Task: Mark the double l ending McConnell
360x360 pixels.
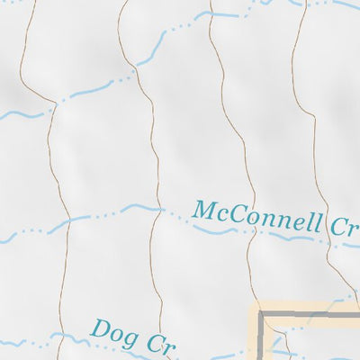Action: (x=315, y=220)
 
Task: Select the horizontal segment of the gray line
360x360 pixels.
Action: (x=310, y=316)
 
